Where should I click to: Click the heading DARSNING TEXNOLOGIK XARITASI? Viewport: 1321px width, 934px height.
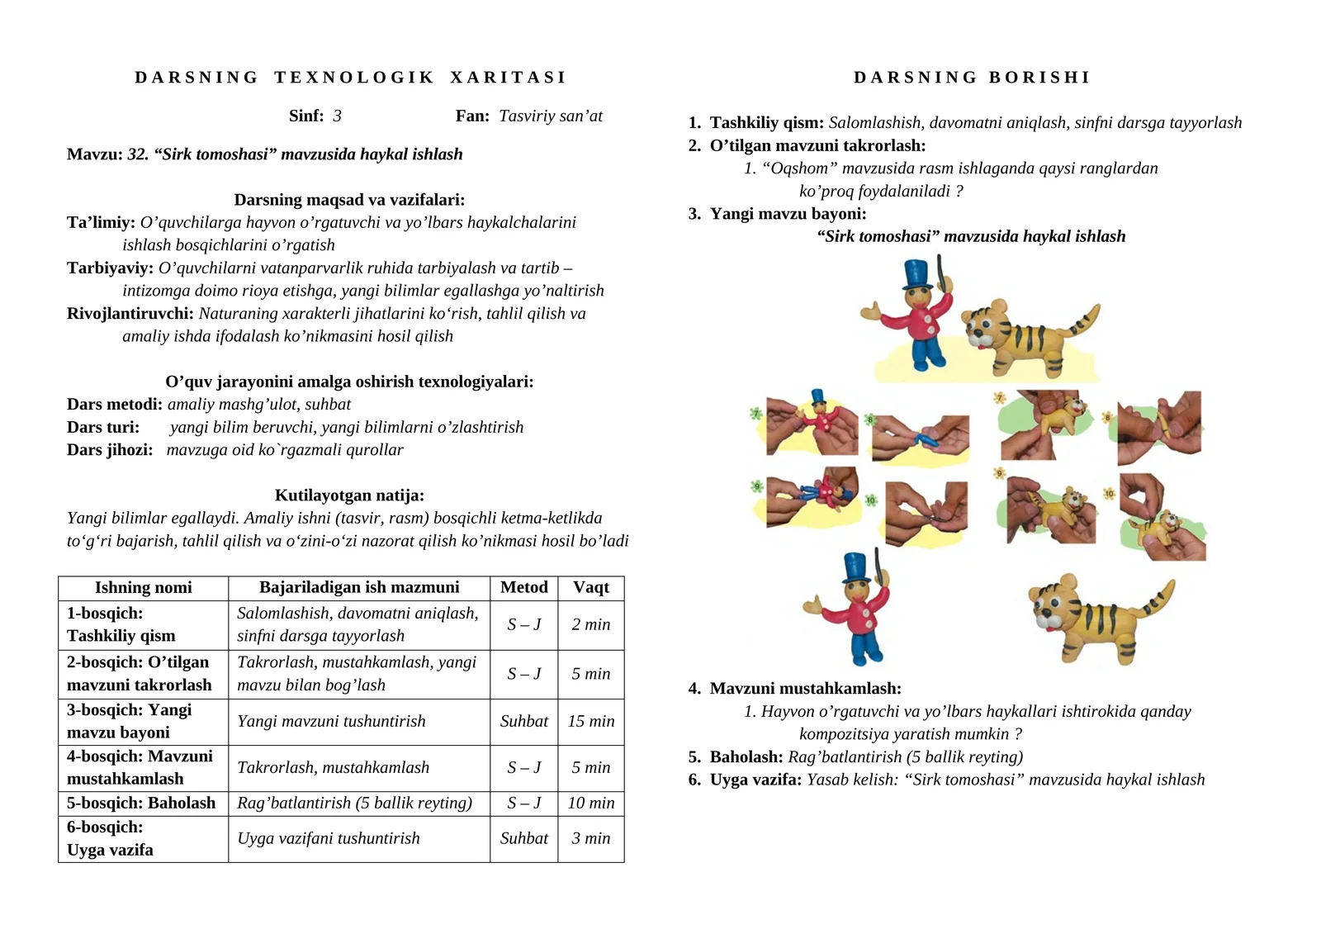pos(350,78)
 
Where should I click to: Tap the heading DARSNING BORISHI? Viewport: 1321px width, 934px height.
pos(972,78)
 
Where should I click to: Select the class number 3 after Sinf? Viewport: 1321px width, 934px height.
pos(337,116)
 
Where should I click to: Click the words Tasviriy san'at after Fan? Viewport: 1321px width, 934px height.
pos(551,116)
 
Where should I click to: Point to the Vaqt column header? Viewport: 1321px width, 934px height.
pos(590,587)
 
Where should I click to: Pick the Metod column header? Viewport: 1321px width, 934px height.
pos(523,587)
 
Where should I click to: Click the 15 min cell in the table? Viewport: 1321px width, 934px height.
pos(590,721)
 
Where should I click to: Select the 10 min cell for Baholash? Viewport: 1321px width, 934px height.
pos(590,803)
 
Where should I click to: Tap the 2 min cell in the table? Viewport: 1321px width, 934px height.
pos(590,624)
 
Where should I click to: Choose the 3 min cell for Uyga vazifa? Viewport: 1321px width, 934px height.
pos(590,838)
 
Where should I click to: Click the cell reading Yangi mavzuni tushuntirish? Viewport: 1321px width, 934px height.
pos(331,721)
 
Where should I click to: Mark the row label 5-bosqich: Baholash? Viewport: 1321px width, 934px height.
pos(141,803)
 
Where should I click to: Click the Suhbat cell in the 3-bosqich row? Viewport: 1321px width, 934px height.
pos(523,721)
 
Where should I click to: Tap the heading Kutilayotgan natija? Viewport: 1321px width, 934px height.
pos(349,495)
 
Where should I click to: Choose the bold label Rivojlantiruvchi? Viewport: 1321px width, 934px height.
pos(130,314)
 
